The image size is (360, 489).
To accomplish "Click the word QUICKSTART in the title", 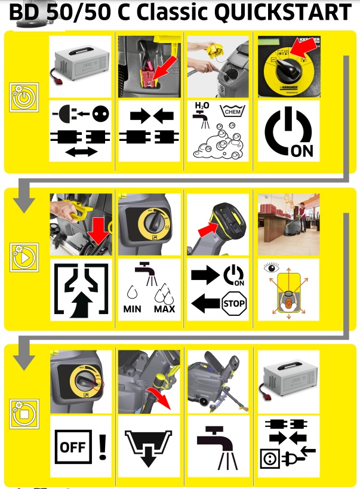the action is tap(284, 12).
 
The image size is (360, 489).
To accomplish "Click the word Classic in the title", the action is tap(172, 12).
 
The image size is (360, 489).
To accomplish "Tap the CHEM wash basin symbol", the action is tap(232, 110).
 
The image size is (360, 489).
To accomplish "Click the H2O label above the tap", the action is tap(202, 106).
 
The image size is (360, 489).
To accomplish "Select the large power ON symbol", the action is tap(288, 132).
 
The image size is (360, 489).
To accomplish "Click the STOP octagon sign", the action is tap(234, 303).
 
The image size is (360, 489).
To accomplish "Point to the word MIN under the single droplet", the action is tap(133, 309).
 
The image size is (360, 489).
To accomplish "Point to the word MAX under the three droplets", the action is tap(164, 309).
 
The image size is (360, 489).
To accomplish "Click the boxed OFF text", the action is tap(73, 447).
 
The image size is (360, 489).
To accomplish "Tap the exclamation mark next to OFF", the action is tap(103, 447).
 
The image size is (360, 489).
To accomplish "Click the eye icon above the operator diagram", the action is tap(271, 267).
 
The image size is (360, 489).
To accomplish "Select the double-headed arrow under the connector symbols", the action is tap(81, 152).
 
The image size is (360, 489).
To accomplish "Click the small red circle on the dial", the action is tap(99, 385).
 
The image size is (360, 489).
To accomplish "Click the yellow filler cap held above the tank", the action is tap(216, 50).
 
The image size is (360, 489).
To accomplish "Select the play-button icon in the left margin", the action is tap(24, 257).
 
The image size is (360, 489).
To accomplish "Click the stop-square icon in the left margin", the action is tap(24, 414).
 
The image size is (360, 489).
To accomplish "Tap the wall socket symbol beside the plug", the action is tap(269, 459).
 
